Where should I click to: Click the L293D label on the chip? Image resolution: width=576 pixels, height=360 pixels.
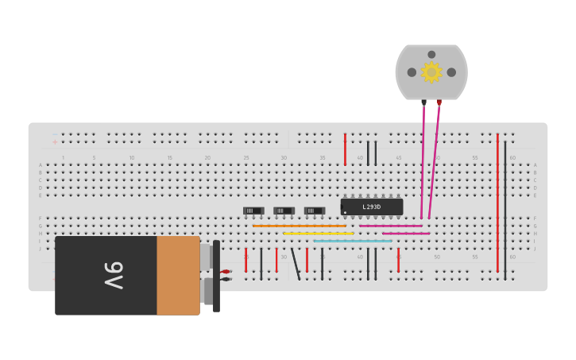click(x=371, y=207)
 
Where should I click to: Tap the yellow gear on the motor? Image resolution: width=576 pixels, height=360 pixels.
click(x=431, y=72)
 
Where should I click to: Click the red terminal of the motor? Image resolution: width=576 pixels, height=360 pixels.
click(x=439, y=103)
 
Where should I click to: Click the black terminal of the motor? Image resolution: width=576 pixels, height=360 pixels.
click(x=423, y=103)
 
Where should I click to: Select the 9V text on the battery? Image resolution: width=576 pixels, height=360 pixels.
click(x=114, y=275)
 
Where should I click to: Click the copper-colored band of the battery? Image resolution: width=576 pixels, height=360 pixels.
click(x=178, y=275)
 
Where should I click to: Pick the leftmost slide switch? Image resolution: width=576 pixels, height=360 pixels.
click(x=253, y=211)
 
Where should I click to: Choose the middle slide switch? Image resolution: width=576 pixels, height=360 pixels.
click(x=284, y=211)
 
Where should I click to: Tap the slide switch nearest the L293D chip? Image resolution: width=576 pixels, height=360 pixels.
click(x=314, y=211)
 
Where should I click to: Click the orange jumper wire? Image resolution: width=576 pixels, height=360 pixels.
click(x=299, y=226)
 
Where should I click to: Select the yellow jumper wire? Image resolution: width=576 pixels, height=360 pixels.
click(x=318, y=234)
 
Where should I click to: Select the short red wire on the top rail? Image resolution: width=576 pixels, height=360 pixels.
click(x=345, y=149)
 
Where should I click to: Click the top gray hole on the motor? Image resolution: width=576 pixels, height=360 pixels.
click(x=431, y=55)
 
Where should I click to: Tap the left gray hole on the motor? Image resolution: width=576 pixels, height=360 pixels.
click(x=412, y=72)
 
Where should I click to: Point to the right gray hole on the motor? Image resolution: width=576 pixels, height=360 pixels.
click(x=451, y=72)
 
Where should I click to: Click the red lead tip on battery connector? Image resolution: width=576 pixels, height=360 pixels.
click(x=226, y=272)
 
